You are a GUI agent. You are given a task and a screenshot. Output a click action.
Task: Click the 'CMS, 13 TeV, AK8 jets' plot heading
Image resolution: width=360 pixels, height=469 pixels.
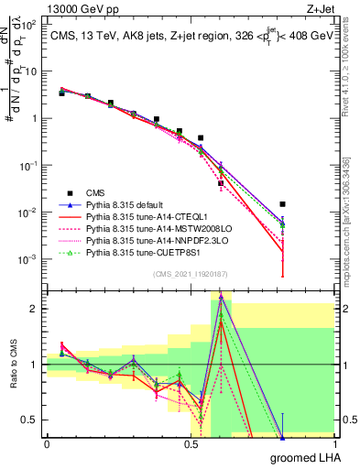tap(101, 34)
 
